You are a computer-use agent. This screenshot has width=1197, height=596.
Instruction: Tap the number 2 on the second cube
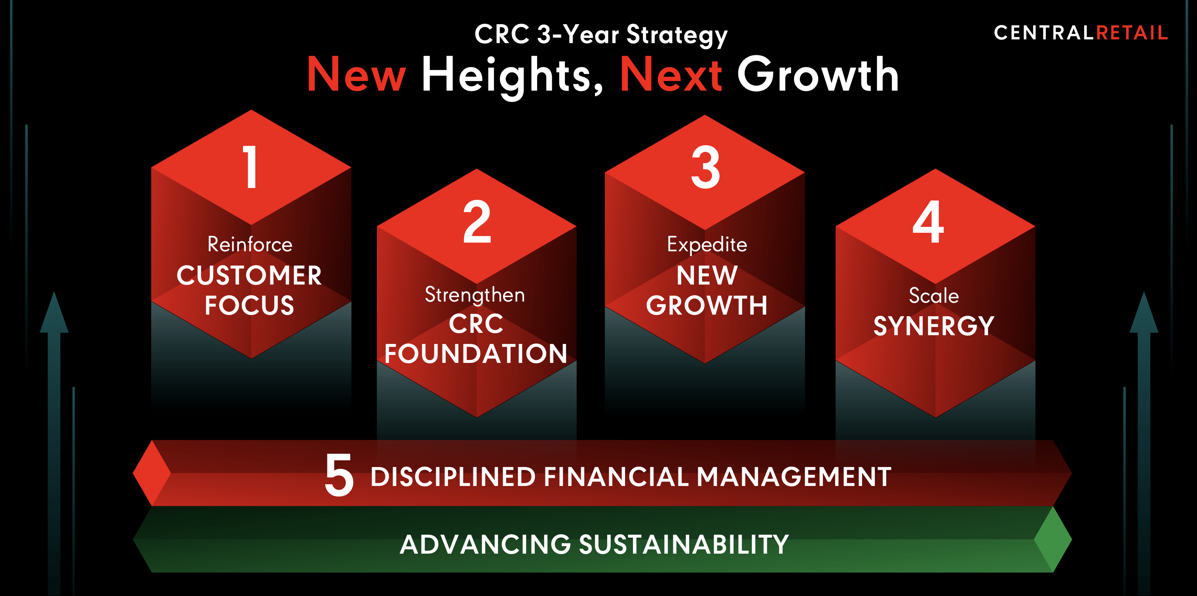coord(477,222)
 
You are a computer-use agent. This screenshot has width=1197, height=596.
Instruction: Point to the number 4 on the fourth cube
coord(928,222)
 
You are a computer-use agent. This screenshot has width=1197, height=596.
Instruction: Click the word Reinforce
coord(250,244)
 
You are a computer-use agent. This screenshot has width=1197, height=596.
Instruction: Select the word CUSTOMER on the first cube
coord(249,275)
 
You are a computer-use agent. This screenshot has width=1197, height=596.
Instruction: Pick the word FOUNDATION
coord(476,353)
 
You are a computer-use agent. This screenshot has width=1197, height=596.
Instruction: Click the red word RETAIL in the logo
coord(1132,33)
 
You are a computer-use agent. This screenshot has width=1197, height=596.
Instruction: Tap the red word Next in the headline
coord(671,74)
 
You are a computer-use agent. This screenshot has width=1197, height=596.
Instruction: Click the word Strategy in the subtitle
coord(677,36)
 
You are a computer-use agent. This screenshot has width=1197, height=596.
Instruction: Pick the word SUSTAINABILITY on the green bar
coord(684,545)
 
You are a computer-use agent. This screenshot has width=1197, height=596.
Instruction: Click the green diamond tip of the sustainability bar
coord(1053,539)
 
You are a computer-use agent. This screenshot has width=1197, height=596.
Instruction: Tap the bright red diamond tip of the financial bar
coord(152,473)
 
